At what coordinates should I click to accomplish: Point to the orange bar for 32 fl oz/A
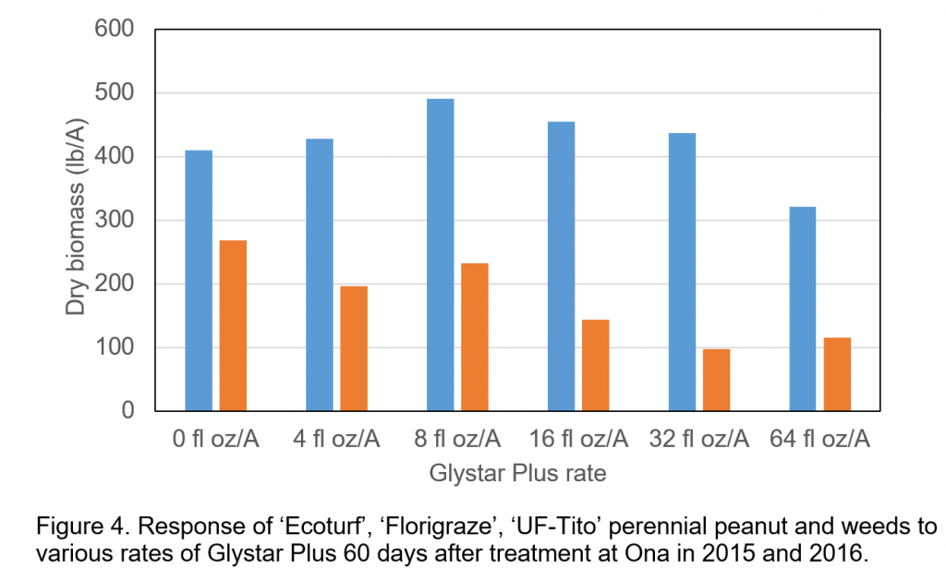(x=716, y=380)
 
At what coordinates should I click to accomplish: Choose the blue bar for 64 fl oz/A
(x=802, y=309)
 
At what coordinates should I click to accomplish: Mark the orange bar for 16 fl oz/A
(x=595, y=365)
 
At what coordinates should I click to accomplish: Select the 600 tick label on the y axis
(x=115, y=30)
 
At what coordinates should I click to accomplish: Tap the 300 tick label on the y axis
(x=115, y=221)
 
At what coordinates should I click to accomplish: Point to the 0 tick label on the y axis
(x=128, y=411)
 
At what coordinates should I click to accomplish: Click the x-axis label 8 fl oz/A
(x=457, y=439)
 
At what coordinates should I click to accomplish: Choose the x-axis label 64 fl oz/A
(x=819, y=439)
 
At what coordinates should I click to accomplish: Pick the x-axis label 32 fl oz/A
(x=698, y=439)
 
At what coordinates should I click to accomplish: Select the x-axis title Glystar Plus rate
(x=517, y=474)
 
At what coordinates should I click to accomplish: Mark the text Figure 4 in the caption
(x=74, y=528)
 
